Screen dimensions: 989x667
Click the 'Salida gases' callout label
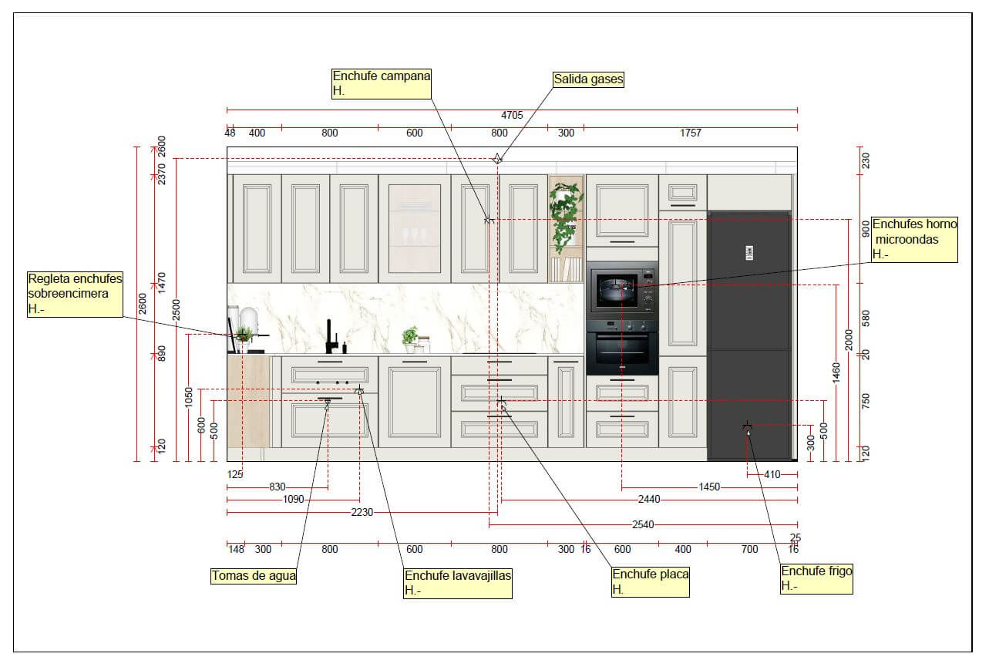[x=588, y=79]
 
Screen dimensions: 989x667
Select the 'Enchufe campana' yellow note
[x=382, y=83]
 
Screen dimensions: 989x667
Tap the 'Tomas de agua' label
[x=254, y=576]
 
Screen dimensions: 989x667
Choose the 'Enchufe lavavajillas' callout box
[x=458, y=583]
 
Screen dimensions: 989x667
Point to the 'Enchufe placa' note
[x=651, y=581]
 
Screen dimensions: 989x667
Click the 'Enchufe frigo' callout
[x=816, y=578]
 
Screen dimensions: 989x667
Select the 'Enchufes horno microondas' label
[x=914, y=239]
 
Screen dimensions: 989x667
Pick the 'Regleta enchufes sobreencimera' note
[x=75, y=295]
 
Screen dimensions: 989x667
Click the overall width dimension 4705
[x=512, y=116]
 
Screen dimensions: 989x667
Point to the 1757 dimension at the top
[x=691, y=133]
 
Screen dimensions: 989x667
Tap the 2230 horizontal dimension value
[x=362, y=513]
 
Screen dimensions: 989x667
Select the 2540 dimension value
[x=643, y=525]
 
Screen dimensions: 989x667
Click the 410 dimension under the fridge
[x=772, y=474]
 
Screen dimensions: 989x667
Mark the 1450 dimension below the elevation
[x=709, y=487]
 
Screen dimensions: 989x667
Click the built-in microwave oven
[x=622, y=290]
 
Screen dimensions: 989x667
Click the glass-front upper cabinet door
[x=415, y=229]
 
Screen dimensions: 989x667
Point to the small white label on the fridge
[x=749, y=253]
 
